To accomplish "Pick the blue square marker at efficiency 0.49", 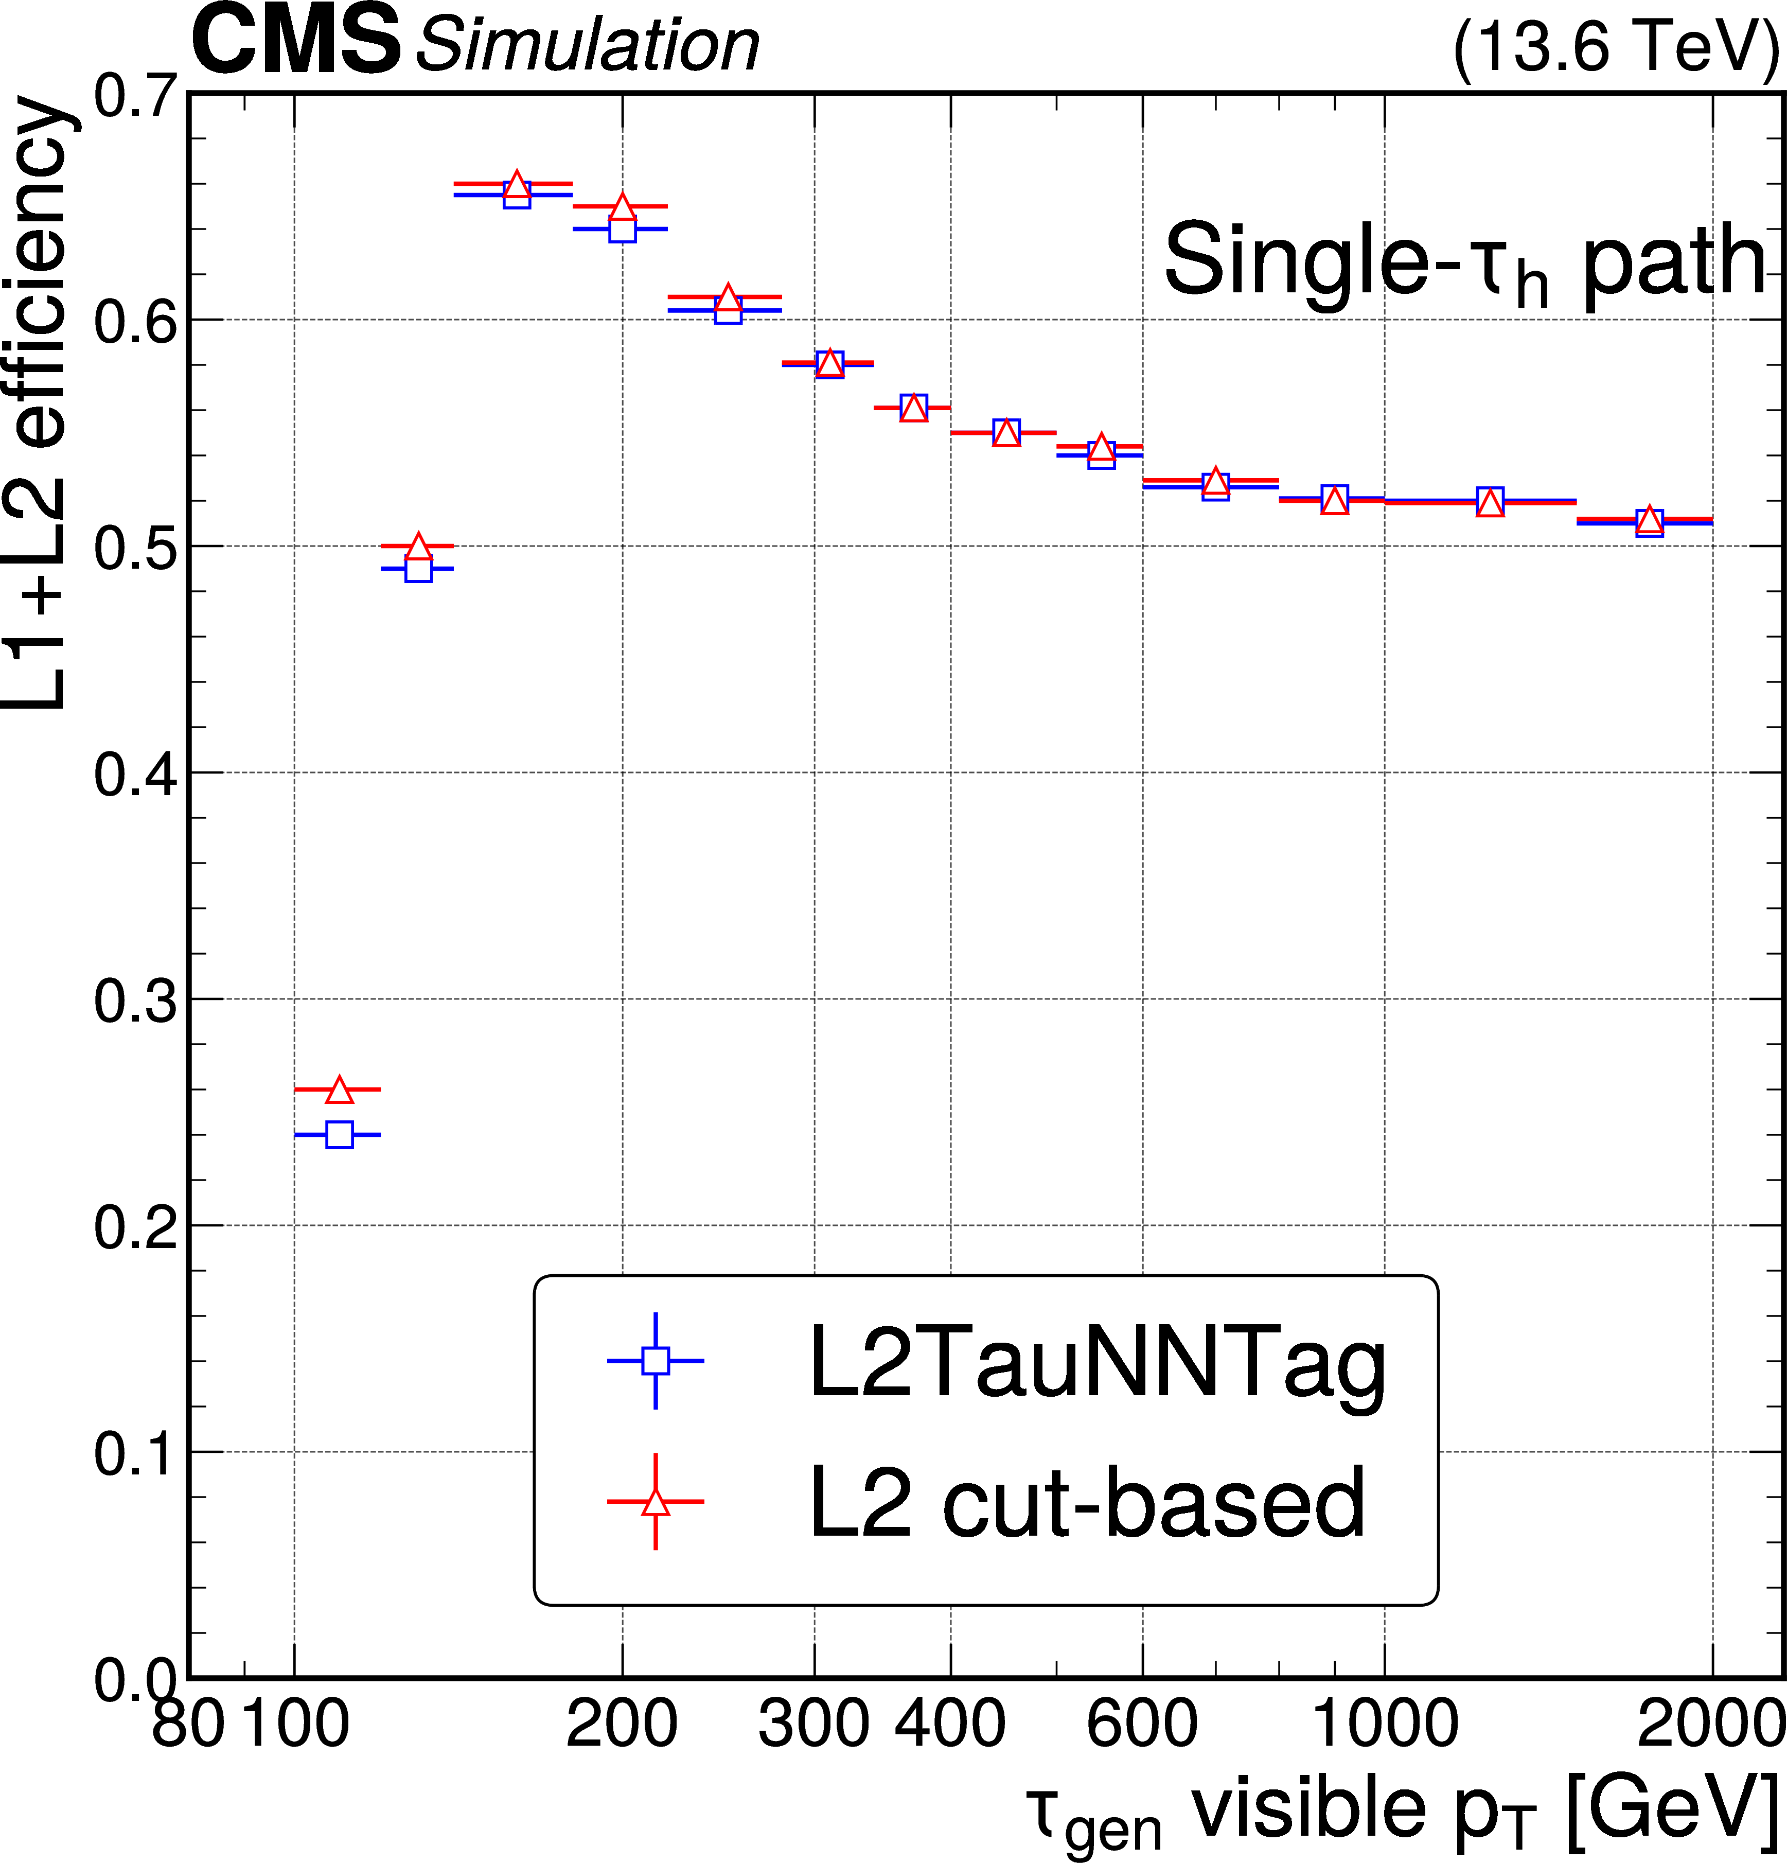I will (418, 569).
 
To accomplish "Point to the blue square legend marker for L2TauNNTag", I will (655, 1360).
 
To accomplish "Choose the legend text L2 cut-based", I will (1087, 1503).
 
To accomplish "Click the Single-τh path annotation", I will (1464, 261).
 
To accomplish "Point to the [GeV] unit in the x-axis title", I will (1671, 1806).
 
